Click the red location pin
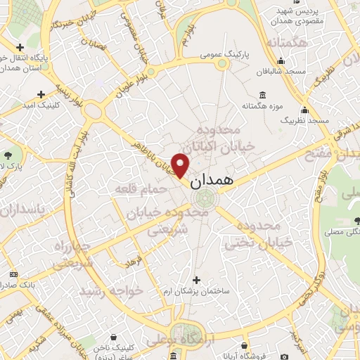tap(181, 165)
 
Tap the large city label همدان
tap(210, 179)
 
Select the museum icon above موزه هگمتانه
tap(262, 95)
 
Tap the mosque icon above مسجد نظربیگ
tap(304, 110)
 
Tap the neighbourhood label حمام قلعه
tap(142, 188)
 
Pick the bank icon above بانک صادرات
tap(13, 274)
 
